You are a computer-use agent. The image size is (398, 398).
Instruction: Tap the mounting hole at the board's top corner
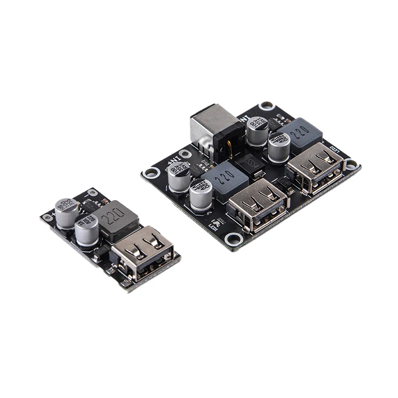coord(268,105)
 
